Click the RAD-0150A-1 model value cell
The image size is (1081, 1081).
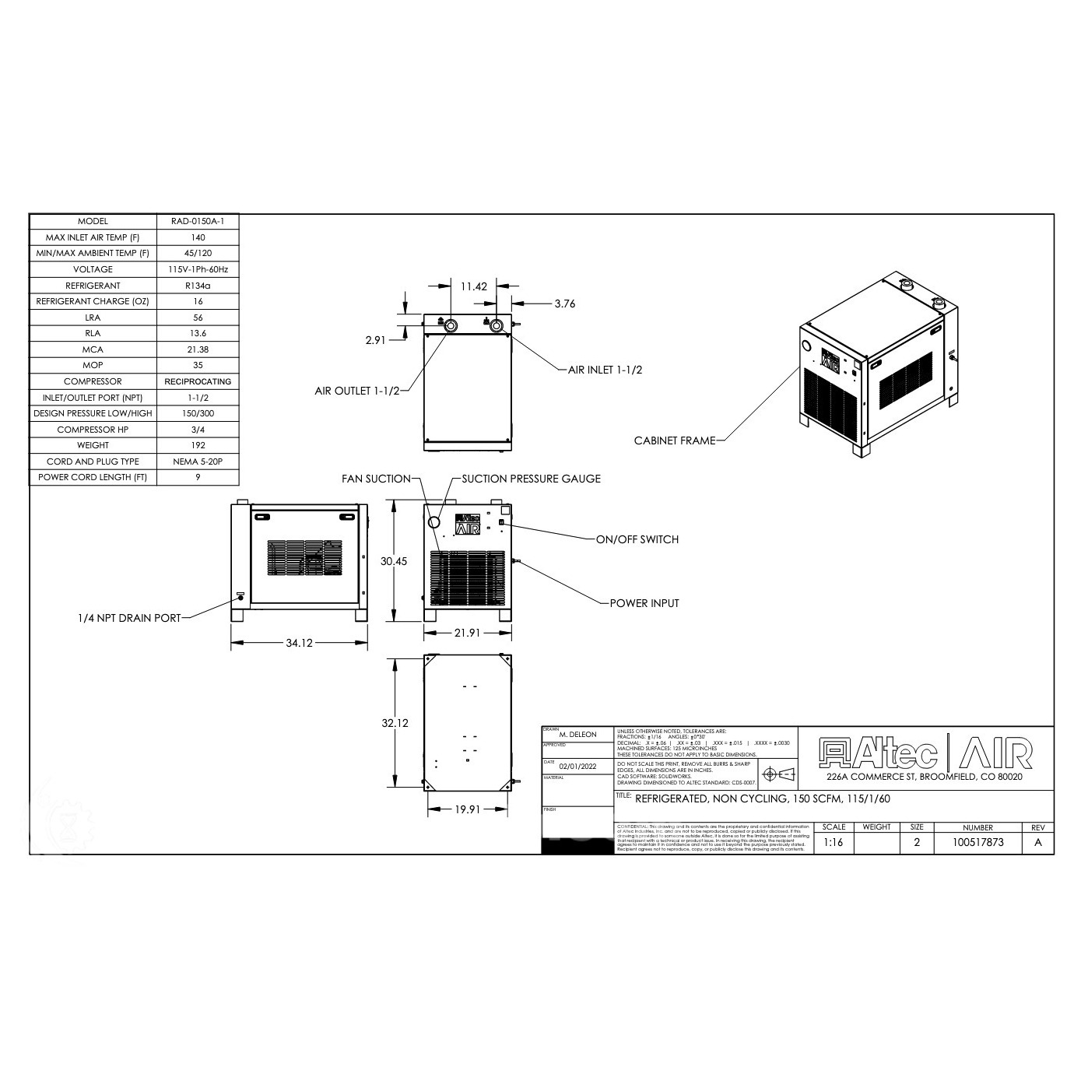198,221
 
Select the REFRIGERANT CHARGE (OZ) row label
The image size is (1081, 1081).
93,301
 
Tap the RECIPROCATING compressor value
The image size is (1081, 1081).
198,381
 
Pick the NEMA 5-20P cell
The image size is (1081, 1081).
198,462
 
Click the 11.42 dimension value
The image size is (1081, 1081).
473,286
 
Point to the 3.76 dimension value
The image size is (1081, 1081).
565,304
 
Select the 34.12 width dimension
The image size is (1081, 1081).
300,643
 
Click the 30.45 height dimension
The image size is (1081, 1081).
394,561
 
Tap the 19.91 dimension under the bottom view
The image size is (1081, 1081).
467,809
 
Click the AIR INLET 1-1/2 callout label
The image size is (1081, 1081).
605,370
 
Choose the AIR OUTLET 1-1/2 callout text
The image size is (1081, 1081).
356,391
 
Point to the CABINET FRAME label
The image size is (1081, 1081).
674,440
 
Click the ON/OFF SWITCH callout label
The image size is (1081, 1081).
637,539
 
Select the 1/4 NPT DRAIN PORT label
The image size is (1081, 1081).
128,618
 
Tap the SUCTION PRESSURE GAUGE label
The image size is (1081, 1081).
531,479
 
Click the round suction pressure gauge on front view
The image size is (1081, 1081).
435,521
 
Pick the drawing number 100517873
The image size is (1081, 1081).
977,842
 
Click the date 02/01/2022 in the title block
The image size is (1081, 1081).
577,767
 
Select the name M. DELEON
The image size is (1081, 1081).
577,735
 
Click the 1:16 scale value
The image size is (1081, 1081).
833,842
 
